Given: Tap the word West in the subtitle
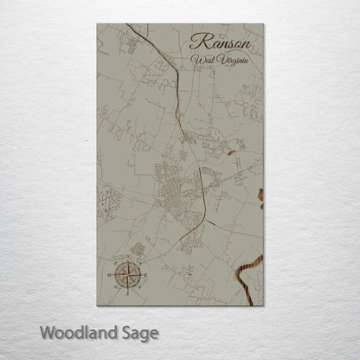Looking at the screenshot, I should [x=204, y=61].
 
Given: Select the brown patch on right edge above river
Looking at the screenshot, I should [x=260, y=195].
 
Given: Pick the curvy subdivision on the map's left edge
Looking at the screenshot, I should [x=107, y=202].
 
